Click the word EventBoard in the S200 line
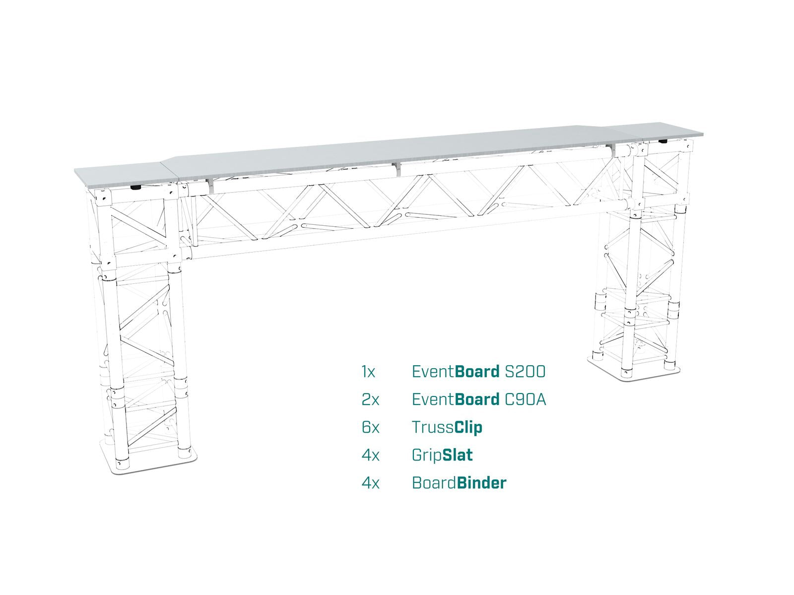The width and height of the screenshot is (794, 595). pos(456,372)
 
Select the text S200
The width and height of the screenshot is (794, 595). pos(525,372)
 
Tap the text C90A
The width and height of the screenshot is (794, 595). pos(526,399)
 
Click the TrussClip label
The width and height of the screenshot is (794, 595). pos(447,428)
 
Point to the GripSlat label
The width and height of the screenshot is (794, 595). pos(442,456)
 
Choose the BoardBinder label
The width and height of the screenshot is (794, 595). pos(459,483)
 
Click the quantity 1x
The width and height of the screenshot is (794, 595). pos(368,372)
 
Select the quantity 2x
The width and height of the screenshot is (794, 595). pos(370,399)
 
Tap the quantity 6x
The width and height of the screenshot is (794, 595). pos(370,428)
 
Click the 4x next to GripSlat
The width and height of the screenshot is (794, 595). pos(370,456)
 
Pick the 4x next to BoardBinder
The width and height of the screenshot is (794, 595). pos(370,483)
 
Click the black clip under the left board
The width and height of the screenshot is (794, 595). pos(136,188)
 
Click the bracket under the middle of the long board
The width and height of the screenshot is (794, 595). pos(398,169)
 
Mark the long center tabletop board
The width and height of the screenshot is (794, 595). pos(395,151)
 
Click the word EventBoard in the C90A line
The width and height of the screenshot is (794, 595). pos(456,399)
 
